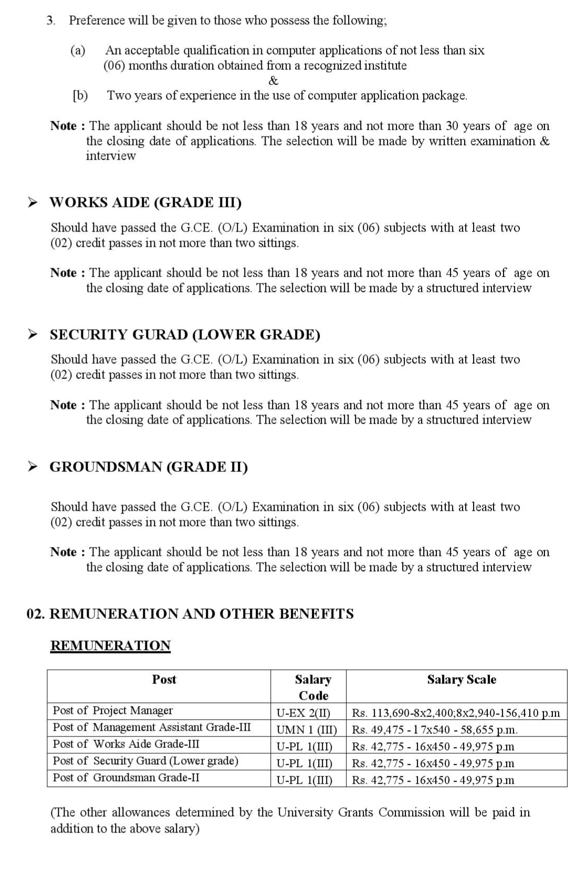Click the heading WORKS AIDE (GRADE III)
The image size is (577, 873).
145,203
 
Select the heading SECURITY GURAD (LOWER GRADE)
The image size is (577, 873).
185,335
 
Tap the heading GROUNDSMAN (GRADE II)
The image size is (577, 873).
149,467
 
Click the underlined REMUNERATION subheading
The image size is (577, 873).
110,646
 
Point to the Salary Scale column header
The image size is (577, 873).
461,679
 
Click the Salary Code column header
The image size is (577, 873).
313,687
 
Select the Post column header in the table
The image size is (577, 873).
164,679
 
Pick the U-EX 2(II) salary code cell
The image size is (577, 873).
304,713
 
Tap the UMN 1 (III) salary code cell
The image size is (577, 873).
307,730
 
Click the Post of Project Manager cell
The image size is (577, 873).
112,711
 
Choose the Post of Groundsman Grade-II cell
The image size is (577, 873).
126,777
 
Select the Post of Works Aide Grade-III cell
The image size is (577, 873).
126,744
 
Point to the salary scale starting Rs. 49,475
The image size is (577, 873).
435,730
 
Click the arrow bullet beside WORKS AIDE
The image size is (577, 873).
33,202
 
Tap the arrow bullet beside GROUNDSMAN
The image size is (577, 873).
33,466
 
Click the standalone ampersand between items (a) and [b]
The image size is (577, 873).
273,80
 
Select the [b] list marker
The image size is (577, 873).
80,96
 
